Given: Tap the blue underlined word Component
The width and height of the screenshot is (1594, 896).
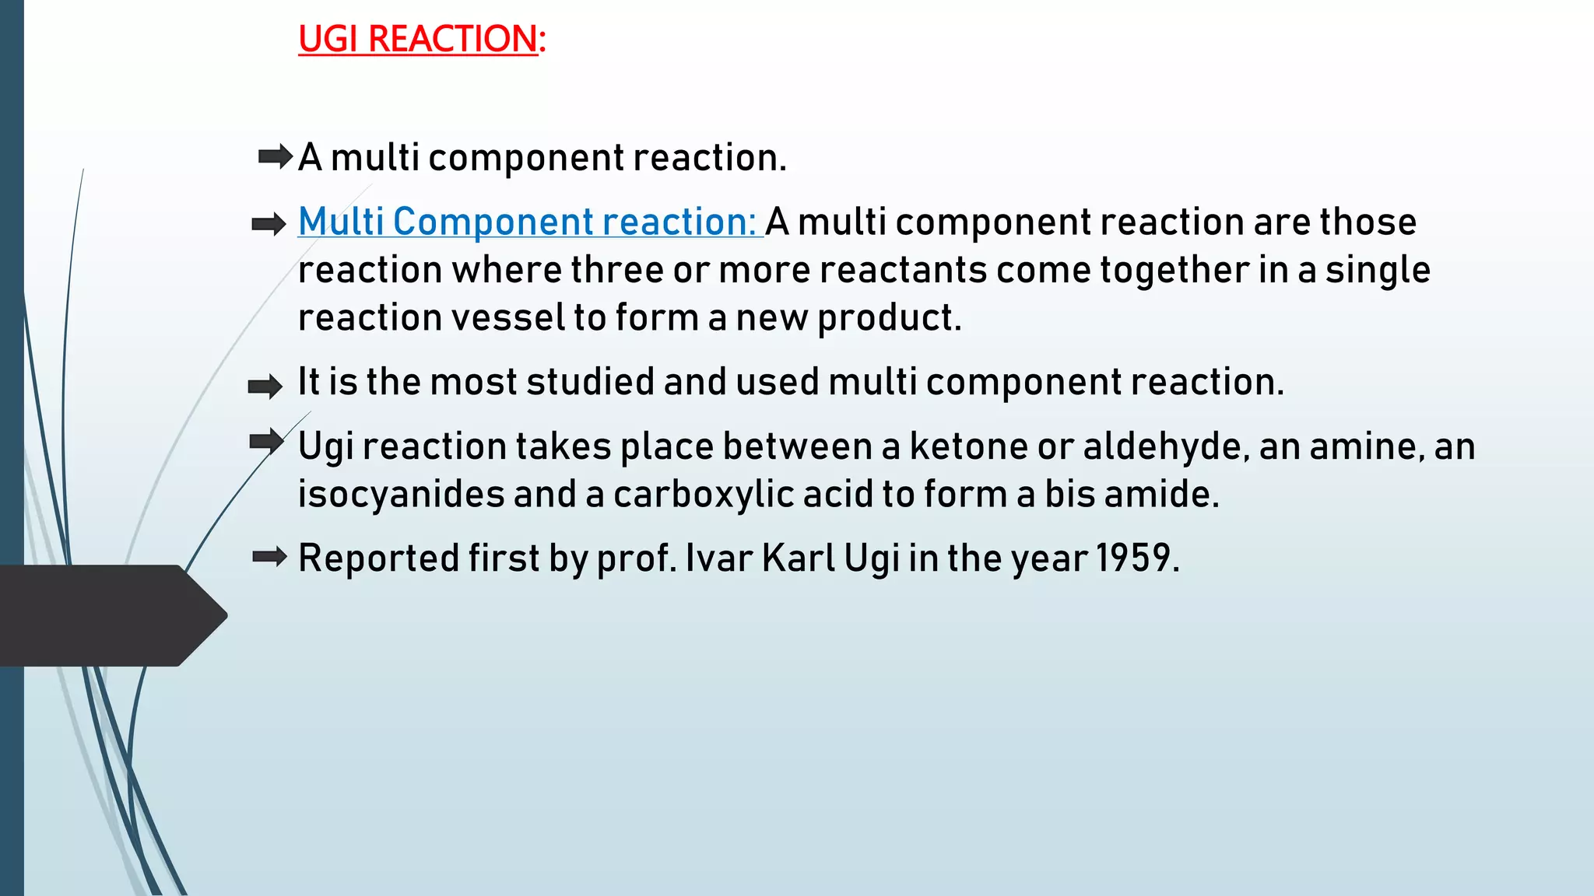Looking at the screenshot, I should click(x=493, y=222).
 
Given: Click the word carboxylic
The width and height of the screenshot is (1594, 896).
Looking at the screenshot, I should click(x=704, y=495).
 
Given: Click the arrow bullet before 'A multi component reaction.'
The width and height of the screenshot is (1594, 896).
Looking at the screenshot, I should click(x=275, y=157).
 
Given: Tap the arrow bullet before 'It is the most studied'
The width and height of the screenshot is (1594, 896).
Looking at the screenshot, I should click(x=265, y=386).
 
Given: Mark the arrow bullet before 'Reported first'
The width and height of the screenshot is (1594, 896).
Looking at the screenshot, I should click(x=270, y=557).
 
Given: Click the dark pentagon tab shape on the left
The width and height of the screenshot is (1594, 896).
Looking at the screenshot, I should click(x=109, y=615).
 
